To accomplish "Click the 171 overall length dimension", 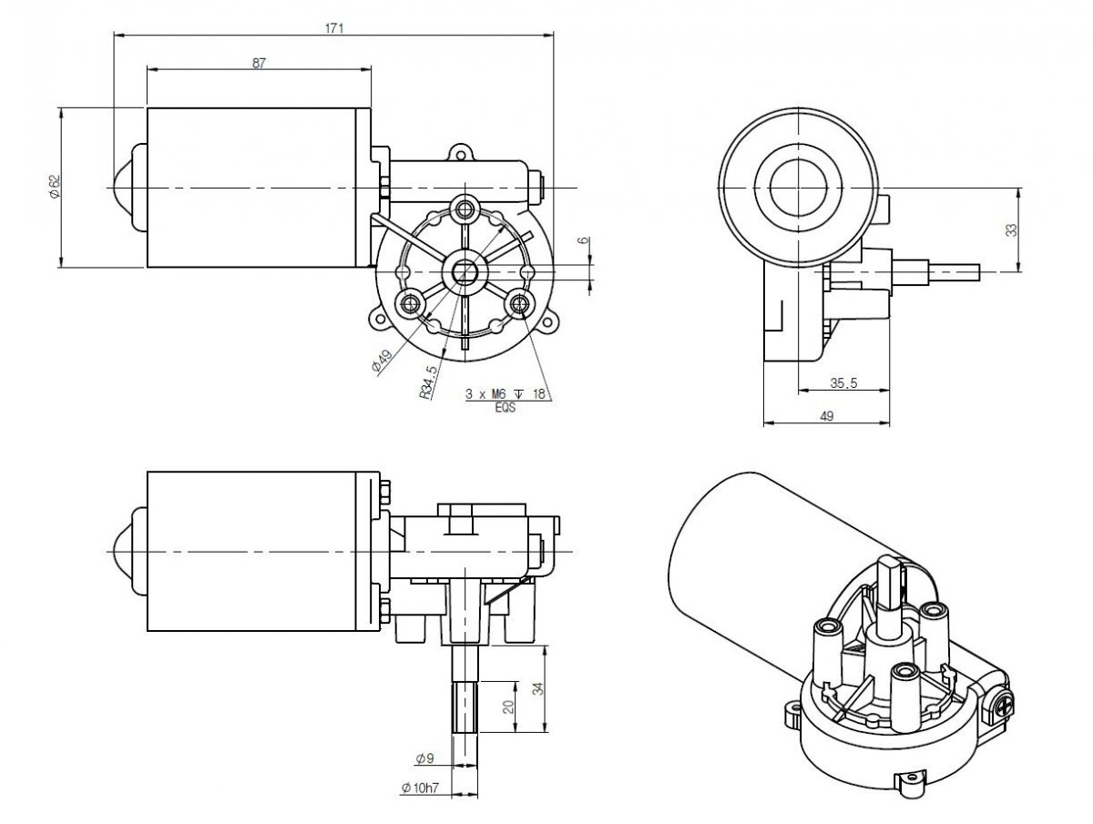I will [333, 28].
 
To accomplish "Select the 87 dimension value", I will [259, 63].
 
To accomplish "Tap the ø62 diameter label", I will [54, 186].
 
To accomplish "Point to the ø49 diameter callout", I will [382, 361].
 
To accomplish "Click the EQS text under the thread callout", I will [504, 408].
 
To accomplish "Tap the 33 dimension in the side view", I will [1011, 229].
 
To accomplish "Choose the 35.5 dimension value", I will [843, 383].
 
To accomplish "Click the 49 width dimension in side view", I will [827, 415].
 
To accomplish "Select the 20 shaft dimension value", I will [508, 706].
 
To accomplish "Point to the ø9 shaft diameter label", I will [424, 758].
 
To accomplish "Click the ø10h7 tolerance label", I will [421, 788].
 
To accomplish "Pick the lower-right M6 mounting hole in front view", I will [522, 303].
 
